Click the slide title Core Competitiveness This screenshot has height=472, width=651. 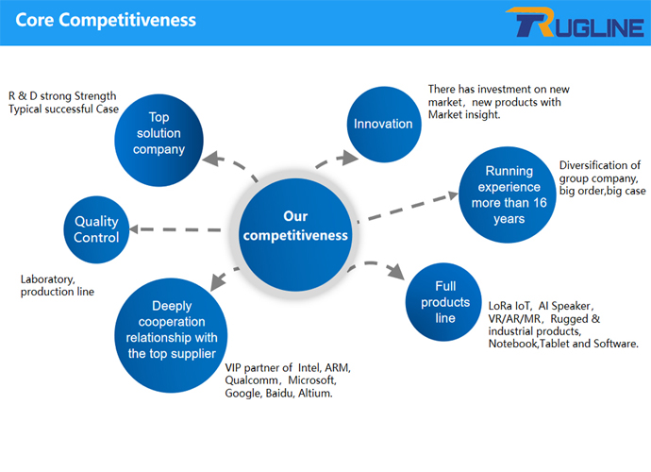point(106,20)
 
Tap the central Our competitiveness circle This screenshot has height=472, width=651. point(295,226)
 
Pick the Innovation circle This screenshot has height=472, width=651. point(383,124)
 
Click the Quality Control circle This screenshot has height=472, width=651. point(96,229)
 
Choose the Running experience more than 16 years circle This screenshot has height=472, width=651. point(508,194)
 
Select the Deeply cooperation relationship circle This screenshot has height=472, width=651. point(172,330)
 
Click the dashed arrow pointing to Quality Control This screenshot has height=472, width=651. point(179,229)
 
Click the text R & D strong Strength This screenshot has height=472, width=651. point(62,95)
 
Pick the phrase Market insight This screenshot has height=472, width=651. point(463,114)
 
